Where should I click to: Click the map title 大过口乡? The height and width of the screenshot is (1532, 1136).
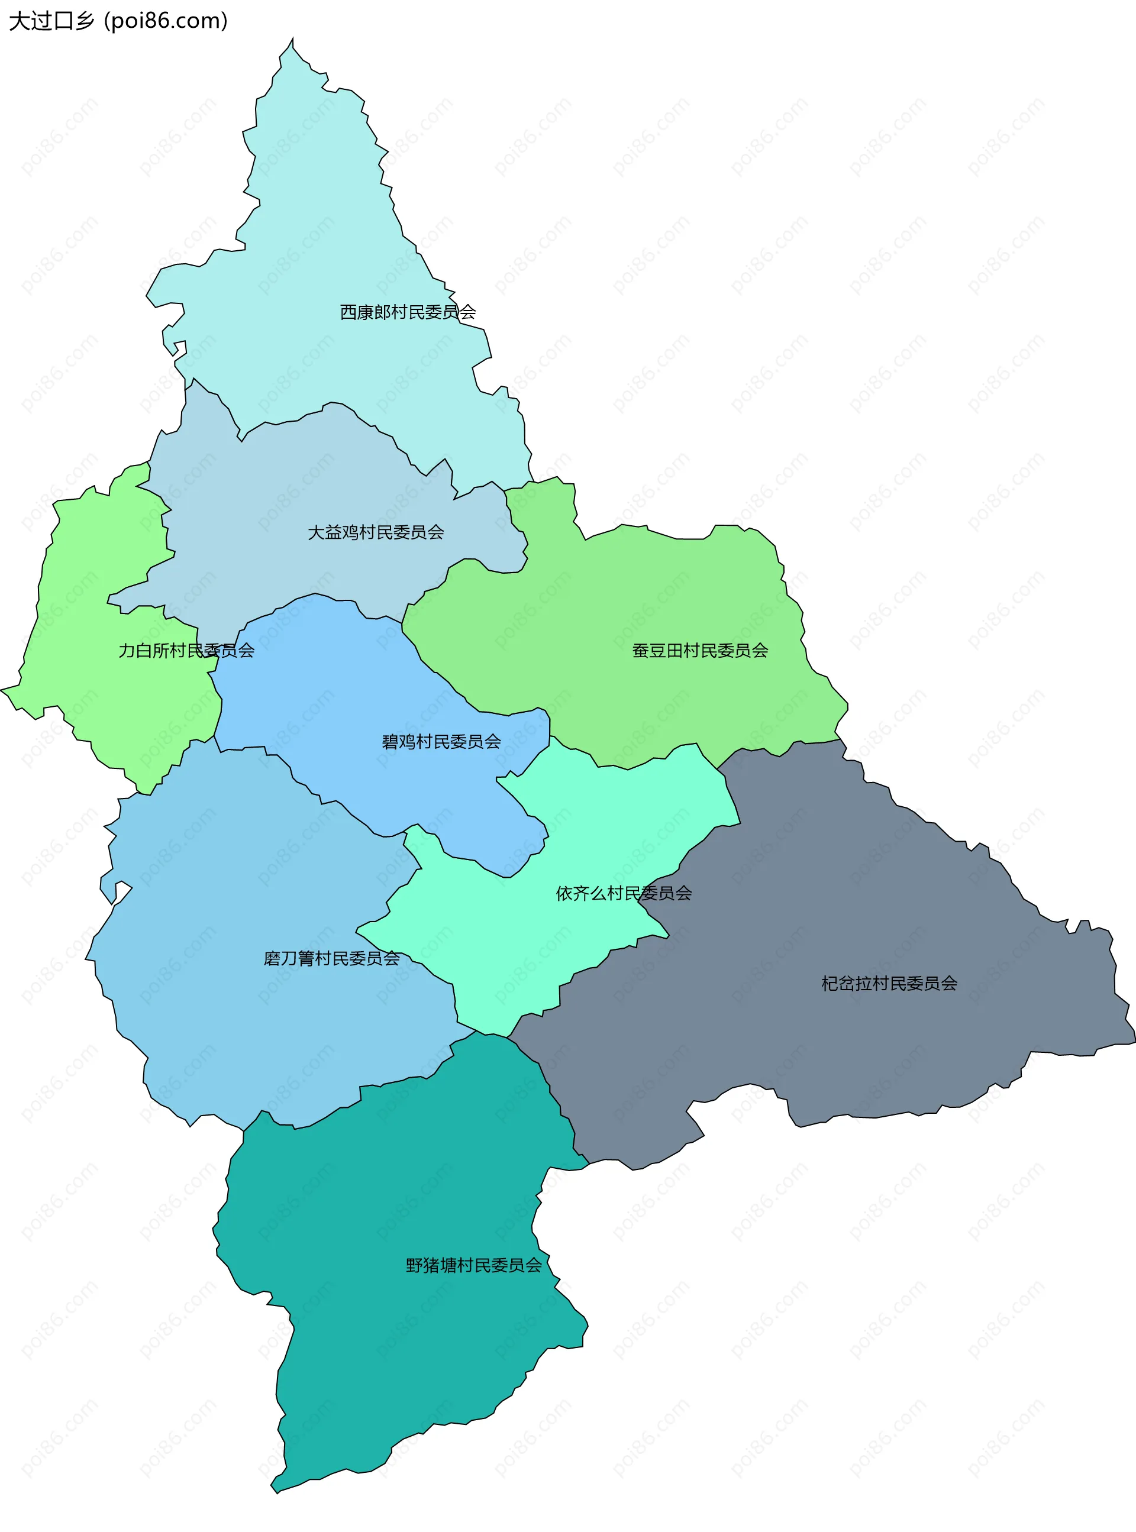(x=51, y=21)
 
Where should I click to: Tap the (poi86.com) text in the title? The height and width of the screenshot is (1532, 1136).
(x=165, y=21)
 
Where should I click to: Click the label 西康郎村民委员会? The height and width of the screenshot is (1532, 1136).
(x=408, y=313)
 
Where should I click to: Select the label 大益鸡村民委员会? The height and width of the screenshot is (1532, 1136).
(x=376, y=533)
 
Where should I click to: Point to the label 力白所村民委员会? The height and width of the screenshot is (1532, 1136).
(x=186, y=651)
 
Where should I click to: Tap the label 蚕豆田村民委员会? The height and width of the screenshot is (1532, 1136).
(x=700, y=651)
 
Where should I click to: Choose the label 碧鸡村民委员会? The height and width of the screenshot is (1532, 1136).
(x=441, y=742)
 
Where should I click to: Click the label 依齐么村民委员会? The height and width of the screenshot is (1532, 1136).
(x=624, y=894)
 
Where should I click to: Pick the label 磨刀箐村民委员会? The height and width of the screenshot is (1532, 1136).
(x=331, y=959)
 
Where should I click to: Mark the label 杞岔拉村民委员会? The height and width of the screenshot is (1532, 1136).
(x=889, y=984)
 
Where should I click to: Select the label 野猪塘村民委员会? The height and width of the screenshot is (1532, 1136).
(x=474, y=1265)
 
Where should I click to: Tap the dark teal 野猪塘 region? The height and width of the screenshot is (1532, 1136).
(x=399, y=1340)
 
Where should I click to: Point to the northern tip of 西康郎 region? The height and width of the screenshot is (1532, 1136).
(x=292, y=40)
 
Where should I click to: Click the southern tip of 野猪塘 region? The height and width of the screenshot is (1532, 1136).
(x=276, y=1491)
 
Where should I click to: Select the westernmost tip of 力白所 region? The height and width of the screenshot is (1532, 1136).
(x=4, y=688)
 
